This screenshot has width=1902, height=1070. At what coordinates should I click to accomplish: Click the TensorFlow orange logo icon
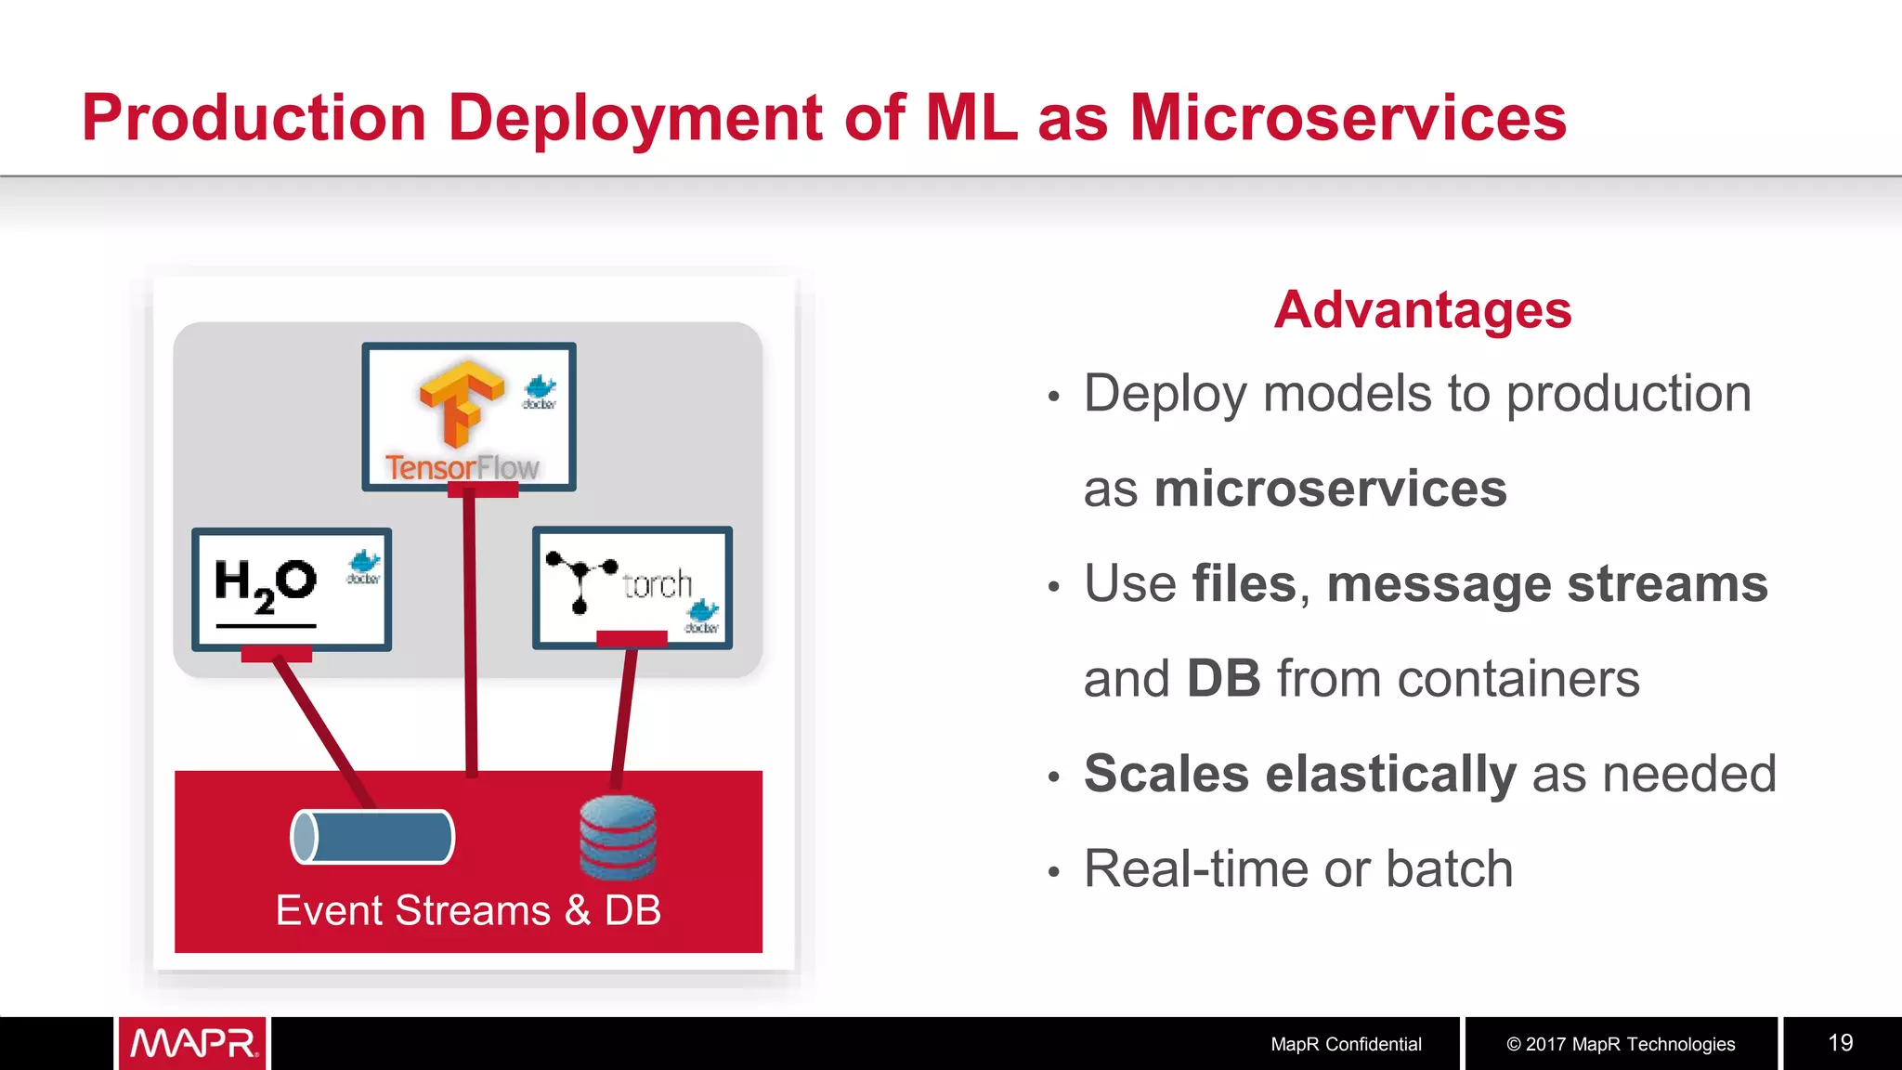click(460, 403)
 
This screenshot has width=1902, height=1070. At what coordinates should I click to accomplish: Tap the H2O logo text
click(266, 583)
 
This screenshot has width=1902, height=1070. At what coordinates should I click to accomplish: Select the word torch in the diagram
click(658, 584)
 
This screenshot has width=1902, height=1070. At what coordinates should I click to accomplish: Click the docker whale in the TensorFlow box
click(540, 391)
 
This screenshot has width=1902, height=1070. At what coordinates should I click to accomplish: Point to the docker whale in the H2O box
click(364, 566)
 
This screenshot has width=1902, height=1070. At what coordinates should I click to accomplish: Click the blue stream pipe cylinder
click(372, 837)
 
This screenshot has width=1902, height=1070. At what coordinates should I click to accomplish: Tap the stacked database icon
click(618, 838)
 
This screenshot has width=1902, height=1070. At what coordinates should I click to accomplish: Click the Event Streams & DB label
click(468, 910)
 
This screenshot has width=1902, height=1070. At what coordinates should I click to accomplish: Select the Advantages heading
click(1422, 309)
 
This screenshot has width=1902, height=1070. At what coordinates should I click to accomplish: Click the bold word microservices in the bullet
click(1329, 489)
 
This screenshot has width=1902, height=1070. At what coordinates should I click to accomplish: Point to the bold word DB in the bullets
click(1223, 679)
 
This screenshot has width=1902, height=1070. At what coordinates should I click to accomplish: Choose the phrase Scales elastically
click(1299, 774)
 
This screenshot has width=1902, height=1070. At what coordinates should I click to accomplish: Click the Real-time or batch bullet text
click(1297, 869)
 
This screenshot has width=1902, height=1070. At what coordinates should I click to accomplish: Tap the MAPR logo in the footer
click(193, 1043)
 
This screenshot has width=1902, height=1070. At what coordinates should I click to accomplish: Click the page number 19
click(1840, 1043)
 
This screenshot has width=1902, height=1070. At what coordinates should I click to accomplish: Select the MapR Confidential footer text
click(1346, 1044)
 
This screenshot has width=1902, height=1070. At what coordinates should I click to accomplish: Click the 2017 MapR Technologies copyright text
click(1620, 1044)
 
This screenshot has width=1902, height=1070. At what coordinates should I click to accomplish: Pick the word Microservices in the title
click(1348, 118)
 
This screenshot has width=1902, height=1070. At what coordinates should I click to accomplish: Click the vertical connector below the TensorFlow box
click(471, 632)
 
